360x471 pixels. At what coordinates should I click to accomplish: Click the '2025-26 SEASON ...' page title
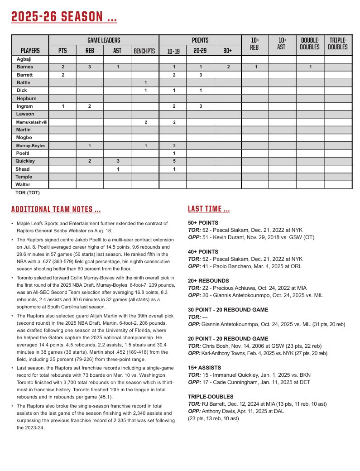pos(64,17)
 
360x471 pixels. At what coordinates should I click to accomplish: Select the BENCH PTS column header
pos(144,51)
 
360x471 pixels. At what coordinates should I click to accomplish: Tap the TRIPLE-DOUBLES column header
pos(338,43)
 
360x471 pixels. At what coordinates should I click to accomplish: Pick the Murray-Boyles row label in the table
pos(30,146)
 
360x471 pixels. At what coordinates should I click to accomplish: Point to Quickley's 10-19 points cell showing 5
pos(173,161)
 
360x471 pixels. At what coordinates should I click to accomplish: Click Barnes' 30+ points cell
pos(228,67)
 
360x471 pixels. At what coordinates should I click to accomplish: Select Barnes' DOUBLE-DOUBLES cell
pos(310,67)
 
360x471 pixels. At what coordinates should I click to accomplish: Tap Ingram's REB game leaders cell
pos(90,106)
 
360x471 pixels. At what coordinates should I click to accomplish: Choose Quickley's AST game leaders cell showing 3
pos(117,161)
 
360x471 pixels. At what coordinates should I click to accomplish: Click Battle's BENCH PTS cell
pos(145,83)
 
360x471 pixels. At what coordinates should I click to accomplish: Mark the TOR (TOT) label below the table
pos(28,192)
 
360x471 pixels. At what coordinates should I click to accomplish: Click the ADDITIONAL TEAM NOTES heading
pos(56,210)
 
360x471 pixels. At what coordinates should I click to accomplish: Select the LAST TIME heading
pos(209,209)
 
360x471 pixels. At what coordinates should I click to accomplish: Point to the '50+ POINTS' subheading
pos(203,223)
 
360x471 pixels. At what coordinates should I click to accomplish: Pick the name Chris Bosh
pos(217,346)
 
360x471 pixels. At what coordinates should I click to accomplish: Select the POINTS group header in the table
pos(200,40)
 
